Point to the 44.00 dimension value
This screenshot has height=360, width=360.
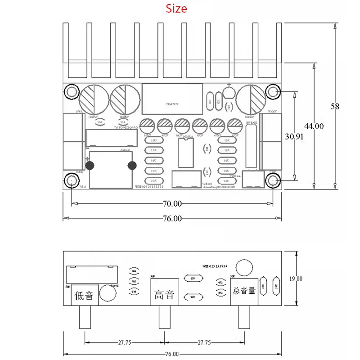(313, 126)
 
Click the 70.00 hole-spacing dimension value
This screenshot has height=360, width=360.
(172, 203)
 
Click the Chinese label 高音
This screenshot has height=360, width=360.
(162, 296)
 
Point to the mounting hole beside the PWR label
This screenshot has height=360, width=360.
(273, 181)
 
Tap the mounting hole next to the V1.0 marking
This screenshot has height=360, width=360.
(71, 181)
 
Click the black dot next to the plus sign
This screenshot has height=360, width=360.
(90, 166)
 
